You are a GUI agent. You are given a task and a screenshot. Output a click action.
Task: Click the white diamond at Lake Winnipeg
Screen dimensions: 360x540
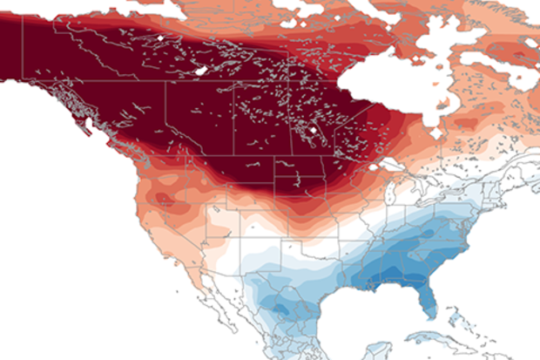pyautogui.click(x=311, y=131)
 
